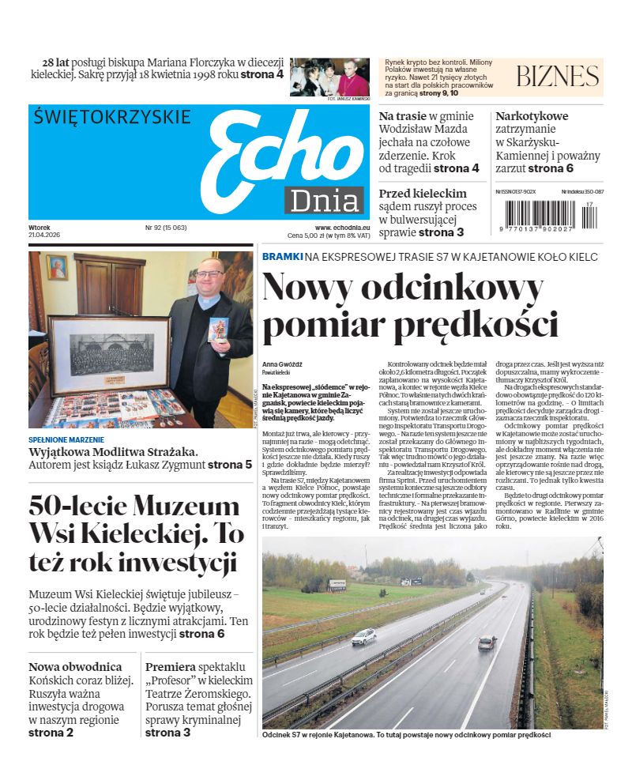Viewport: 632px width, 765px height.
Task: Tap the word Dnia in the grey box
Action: (324, 202)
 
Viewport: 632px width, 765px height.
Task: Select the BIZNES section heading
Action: (557, 76)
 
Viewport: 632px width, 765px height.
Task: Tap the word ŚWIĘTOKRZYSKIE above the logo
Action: (112, 117)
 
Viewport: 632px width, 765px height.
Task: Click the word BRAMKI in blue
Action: (282, 257)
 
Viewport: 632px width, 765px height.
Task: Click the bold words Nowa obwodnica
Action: (75, 667)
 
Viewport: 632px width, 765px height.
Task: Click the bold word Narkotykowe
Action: (532, 115)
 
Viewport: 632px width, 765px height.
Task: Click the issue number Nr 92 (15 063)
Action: (165, 228)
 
